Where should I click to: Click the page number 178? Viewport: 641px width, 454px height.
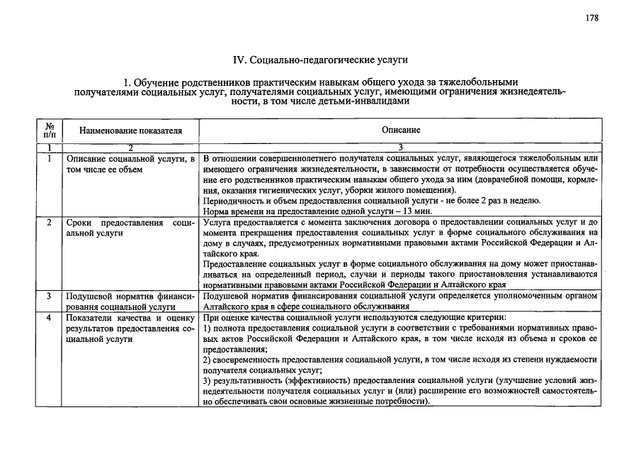(592, 18)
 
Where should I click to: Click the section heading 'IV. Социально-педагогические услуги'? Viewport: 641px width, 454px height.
(320, 60)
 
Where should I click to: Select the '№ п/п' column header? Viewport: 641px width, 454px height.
(50, 130)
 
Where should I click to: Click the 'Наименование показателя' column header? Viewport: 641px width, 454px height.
(130, 131)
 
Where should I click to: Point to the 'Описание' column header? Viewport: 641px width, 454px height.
(401, 130)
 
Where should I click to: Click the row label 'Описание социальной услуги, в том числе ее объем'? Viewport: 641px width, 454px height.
(130, 164)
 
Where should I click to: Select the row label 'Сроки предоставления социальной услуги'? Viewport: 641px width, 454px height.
(130, 228)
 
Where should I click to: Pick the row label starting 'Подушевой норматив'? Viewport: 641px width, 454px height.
(130, 302)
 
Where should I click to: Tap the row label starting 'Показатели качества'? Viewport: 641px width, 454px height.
(130, 329)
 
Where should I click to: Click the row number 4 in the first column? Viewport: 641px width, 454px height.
(50, 318)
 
